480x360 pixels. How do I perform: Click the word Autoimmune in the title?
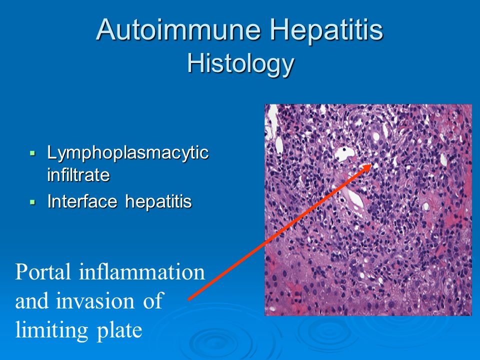point(178,29)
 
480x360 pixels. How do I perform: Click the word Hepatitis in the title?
point(326,29)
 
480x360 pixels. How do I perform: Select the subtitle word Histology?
point(240,63)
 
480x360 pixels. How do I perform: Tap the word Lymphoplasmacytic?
point(128,153)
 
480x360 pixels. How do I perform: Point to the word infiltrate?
point(78,174)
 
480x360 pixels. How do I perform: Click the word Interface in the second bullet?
point(82,201)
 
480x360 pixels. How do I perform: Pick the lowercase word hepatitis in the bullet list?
point(158,202)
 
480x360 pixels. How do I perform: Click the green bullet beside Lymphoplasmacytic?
point(33,153)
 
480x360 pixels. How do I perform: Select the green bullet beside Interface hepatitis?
point(33,201)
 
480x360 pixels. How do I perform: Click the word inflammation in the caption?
point(141,271)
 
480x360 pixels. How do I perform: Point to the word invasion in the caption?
point(95,300)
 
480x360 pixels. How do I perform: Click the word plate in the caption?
point(119,330)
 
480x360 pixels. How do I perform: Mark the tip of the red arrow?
point(372,164)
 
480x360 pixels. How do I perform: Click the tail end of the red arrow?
point(188,299)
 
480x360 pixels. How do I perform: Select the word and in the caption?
point(32,300)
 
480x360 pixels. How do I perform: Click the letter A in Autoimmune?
point(106,29)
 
